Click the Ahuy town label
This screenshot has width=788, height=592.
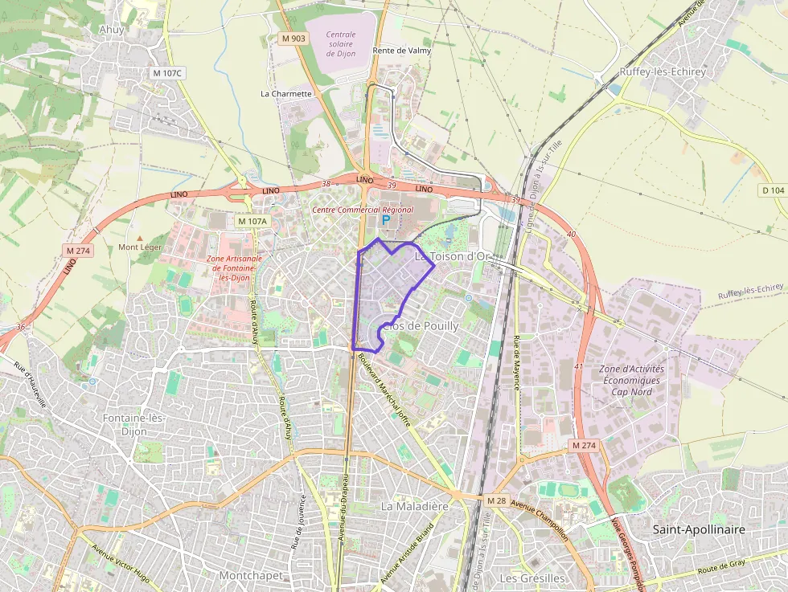(113, 30)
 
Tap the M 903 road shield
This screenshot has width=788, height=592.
(293, 39)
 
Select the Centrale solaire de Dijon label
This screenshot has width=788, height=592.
(351, 42)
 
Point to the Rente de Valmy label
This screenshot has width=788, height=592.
(402, 51)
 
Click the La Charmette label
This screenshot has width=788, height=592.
(285, 93)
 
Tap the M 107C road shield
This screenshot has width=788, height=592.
(168, 73)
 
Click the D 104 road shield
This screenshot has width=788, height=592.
(772, 190)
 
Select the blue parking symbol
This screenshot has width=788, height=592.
(385, 219)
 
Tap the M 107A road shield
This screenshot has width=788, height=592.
(252, 220)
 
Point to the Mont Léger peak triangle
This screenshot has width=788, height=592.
(140, 239)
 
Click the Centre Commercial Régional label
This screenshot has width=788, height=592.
(363, 210)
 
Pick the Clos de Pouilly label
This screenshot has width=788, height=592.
(420, 326)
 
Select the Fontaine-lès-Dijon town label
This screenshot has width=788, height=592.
(133, 423)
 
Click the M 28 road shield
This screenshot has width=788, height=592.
(497, 500)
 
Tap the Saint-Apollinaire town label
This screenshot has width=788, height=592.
(699, 529)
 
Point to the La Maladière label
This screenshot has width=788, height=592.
(414, 506)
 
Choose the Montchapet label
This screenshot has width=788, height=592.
(251, 575)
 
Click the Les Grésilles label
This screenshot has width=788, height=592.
(532, 578)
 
